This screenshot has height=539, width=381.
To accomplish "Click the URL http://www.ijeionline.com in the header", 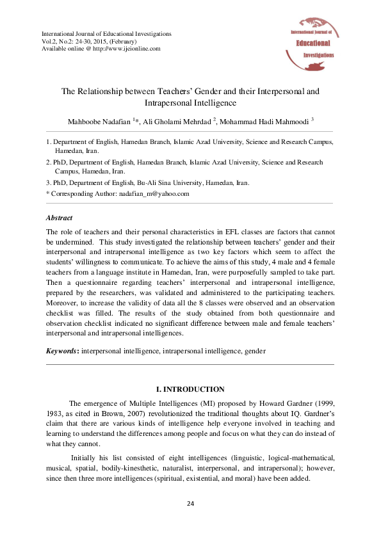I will click(128, 48).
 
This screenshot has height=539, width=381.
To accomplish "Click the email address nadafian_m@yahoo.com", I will click(158, 193).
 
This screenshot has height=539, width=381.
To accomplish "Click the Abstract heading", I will click(60, 218).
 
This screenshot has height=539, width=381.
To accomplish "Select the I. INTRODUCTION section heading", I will click(190, 389).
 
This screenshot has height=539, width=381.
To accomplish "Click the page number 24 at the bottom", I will click(190, 504).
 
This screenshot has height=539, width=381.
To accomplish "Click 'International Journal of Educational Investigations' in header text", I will click(106, 33).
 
